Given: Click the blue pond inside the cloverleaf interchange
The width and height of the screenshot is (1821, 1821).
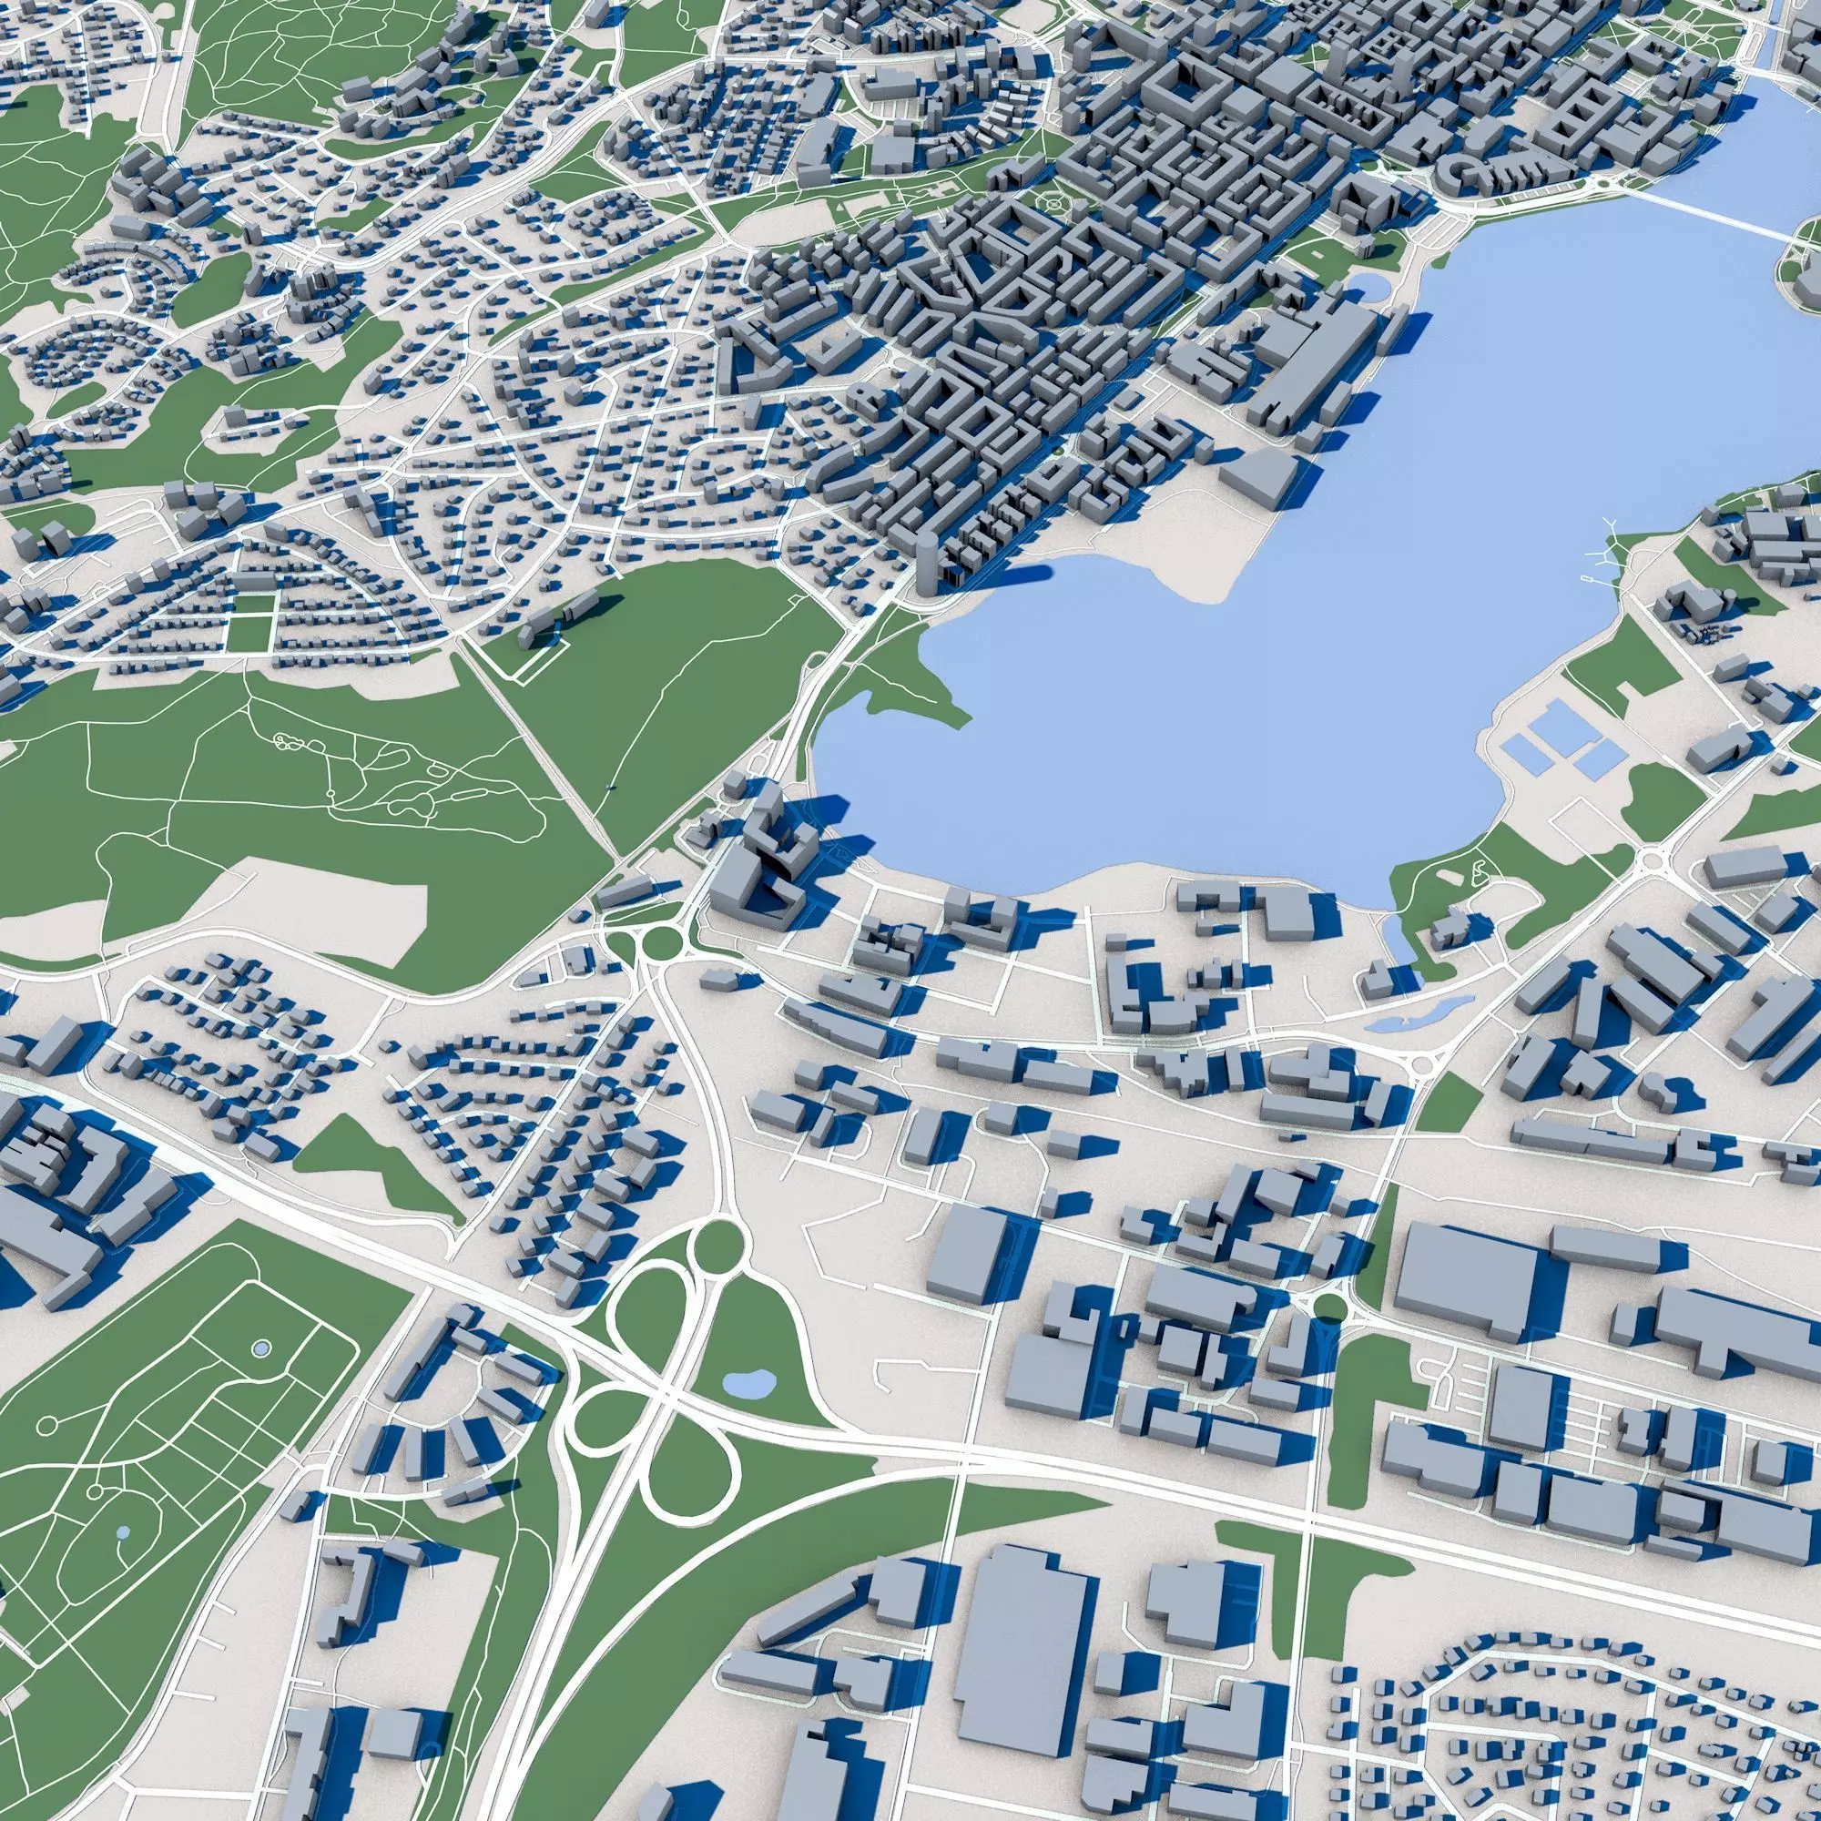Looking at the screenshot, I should [x=748, y=1384].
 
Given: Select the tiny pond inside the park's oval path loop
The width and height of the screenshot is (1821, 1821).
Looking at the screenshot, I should [x=123, y=1532].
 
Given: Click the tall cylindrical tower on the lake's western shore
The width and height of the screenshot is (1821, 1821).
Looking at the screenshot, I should [x=927, y=564].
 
